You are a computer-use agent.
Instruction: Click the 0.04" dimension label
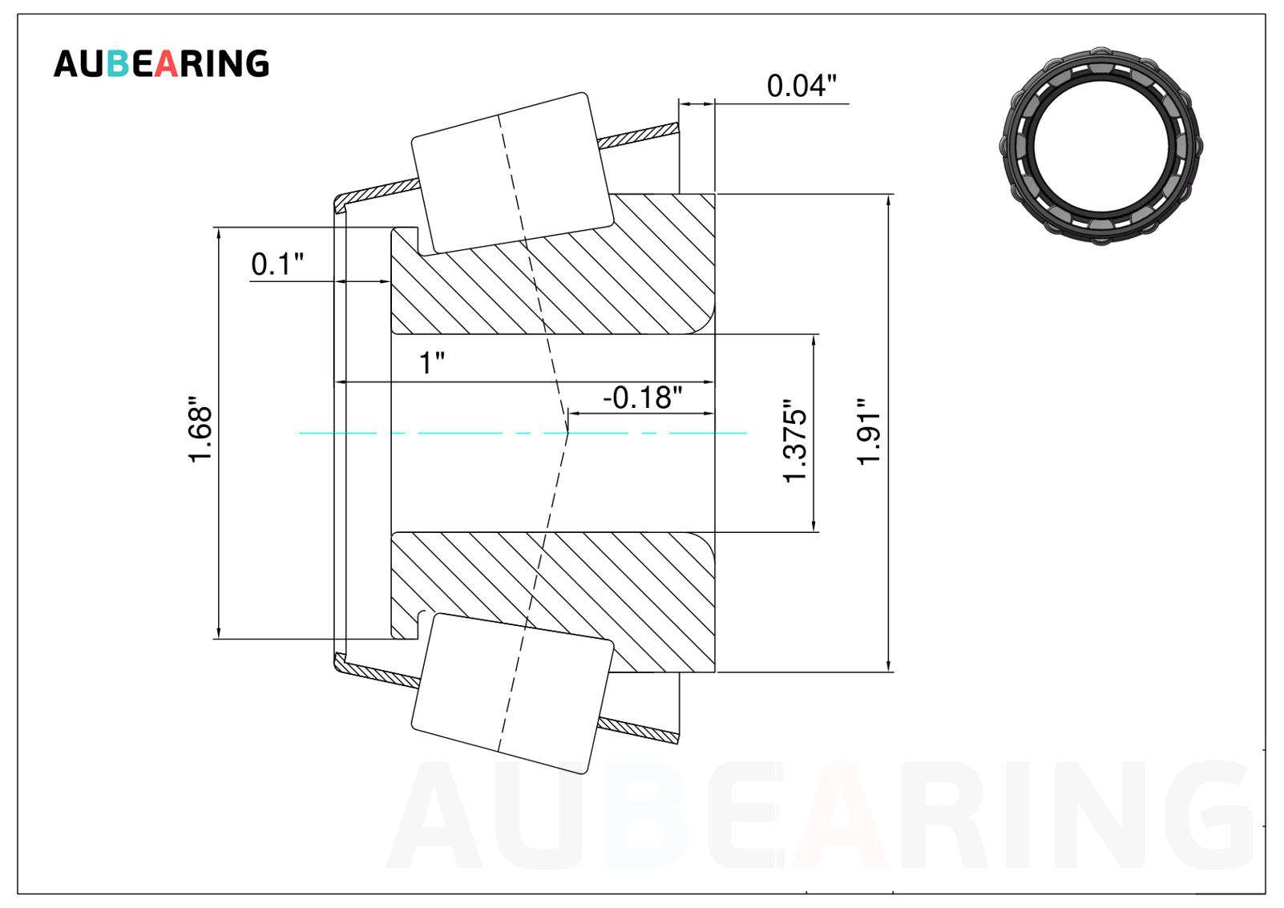point(801,86)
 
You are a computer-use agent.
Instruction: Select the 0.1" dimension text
point(277,264)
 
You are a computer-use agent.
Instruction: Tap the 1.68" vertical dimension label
point(200,429)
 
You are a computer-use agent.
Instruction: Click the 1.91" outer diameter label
point(868,432)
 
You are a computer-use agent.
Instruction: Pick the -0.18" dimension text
point(643,398)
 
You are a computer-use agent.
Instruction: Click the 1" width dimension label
point(432,362)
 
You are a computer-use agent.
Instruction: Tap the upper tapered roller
point(512,172)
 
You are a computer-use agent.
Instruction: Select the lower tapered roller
point(512,693)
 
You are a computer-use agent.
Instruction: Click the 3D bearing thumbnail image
point(1100,146)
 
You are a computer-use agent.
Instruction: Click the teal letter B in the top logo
point(118,63)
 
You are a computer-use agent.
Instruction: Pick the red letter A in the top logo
point(166,63)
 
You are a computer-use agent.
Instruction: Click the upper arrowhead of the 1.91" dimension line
point(889,199)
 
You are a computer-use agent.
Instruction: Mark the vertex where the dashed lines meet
point(567,433)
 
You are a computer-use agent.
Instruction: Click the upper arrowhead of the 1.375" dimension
point(814,339)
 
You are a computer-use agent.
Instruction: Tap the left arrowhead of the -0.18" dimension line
point(572,414)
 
